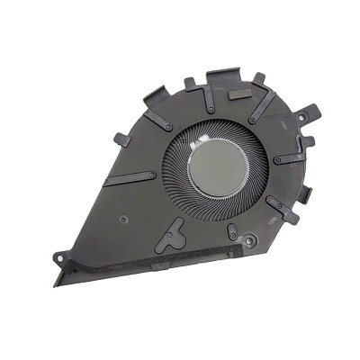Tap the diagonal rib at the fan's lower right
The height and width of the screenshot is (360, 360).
point(281,211)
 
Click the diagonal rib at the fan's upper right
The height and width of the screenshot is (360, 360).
point(264,110)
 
